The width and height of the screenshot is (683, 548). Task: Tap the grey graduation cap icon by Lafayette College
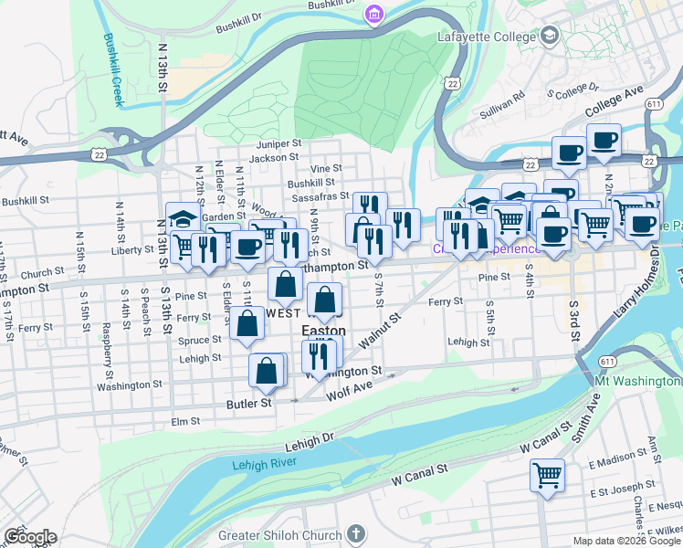point(550,37)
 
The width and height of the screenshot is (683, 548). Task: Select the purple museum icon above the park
point(373,14)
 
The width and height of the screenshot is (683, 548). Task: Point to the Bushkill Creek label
point(113,70)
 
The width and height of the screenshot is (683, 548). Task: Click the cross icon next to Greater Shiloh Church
point(356,533)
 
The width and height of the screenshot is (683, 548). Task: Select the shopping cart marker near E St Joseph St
point(547,474)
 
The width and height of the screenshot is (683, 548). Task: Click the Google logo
point(29,537)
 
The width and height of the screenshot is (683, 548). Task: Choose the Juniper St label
point(279,143)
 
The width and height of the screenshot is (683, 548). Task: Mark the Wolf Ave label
point(349,395)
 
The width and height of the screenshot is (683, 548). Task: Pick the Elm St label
point(185,421)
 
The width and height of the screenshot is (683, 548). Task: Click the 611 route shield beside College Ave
point(654,104)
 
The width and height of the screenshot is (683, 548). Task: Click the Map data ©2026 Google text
point(625,540)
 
